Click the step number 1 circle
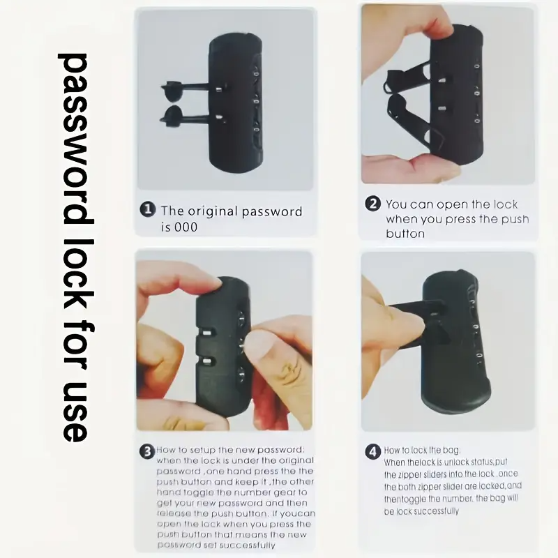147,211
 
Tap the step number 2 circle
373,204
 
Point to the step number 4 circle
373,451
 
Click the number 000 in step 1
186,227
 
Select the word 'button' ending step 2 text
405,234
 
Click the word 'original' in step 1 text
210,211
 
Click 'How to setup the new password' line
231,451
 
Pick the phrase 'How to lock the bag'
423,451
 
